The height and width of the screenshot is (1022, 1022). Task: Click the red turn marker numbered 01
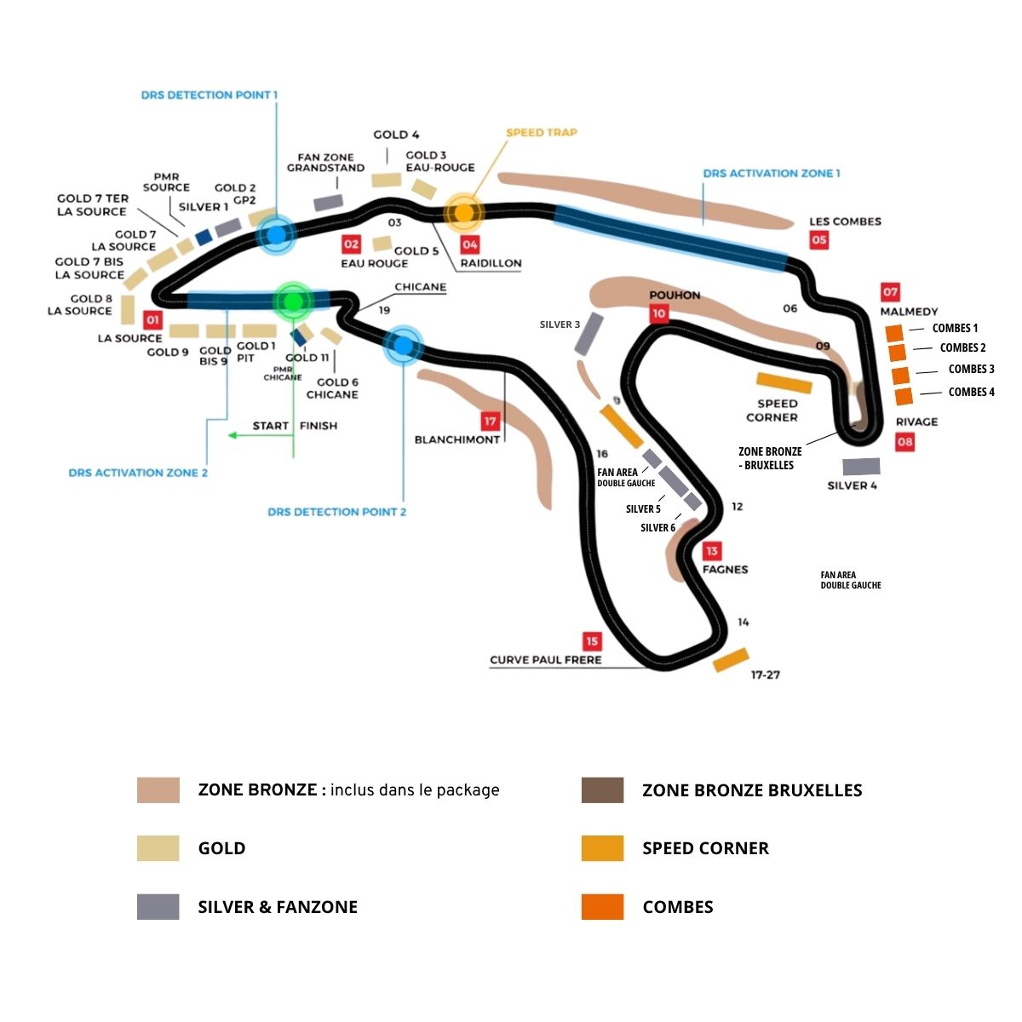152,320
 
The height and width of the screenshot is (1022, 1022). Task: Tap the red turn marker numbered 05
818,240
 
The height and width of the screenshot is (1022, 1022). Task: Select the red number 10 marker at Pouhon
658,313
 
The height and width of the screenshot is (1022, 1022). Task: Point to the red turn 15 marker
592,641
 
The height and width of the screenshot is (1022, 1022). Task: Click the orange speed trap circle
464,212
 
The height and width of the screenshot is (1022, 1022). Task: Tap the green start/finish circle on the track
293,301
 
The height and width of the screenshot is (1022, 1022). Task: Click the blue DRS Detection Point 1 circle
276,234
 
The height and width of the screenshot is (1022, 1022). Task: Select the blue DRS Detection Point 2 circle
403,345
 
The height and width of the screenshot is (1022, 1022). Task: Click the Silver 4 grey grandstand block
861,467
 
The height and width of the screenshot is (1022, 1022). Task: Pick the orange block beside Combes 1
894,332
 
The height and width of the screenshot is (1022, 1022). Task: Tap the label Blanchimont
456,439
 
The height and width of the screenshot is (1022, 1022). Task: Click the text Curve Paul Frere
545,659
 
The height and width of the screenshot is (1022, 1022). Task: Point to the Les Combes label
845,221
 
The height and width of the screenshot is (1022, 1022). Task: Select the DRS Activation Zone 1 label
771,173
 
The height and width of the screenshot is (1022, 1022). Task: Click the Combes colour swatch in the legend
602,907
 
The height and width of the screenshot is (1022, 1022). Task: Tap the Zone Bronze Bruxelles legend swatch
602,790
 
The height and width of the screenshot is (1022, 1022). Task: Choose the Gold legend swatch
158,848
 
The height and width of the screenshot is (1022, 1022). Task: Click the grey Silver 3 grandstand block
589,334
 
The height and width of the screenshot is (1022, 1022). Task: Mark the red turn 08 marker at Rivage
904,441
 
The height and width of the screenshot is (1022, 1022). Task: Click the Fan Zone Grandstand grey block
328,203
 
